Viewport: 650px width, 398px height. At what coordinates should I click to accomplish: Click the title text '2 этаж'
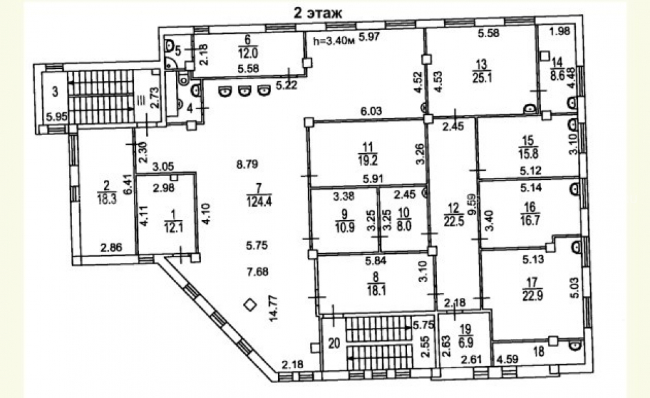point(318,13)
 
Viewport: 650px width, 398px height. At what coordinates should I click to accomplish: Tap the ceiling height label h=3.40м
point(333,41)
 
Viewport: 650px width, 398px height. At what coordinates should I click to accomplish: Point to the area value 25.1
point(482,77)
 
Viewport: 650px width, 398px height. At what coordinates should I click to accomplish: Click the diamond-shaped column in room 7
point(250,305)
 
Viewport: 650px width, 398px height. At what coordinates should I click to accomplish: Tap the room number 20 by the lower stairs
point(333,343)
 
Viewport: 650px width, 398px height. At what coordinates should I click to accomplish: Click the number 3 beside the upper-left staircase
point(55,92)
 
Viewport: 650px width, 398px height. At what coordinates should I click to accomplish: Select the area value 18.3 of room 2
point(107,200)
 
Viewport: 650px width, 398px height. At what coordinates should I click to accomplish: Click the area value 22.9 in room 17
point(532,297)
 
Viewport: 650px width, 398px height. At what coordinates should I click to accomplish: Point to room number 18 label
point(539,352)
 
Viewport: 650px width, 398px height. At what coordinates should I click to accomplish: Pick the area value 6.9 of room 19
point(466,343)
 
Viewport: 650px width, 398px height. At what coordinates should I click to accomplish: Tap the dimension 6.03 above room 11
point(371,111)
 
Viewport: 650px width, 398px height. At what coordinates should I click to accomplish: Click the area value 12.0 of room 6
point(248,53)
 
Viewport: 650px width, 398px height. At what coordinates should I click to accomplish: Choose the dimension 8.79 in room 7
point(247,164)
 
